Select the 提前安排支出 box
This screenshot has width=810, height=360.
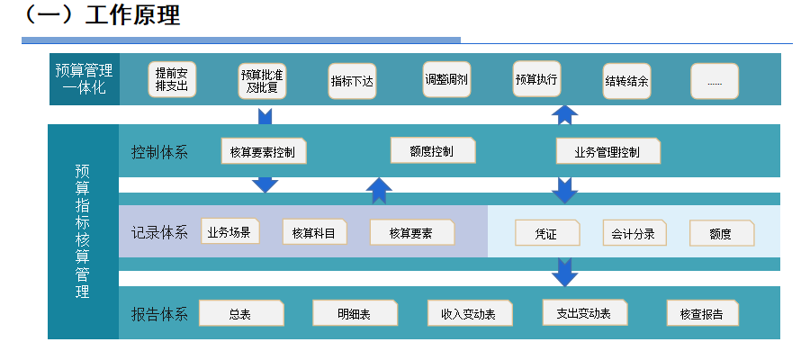click(172, 80)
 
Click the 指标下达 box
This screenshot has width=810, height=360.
click(352, 81)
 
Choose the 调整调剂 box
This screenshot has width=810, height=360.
click(446, 79)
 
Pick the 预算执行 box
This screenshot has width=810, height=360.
click(536, 79)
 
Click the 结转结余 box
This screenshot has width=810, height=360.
click(626, 81)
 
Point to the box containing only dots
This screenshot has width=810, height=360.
click(715, 81)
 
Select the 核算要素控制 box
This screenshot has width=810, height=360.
click(264, 151)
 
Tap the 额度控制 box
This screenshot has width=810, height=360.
click(432, 150)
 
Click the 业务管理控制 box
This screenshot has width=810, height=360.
click(607, 151)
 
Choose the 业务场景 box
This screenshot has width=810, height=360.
click(229, 231)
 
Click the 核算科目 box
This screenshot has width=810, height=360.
click(314, 232)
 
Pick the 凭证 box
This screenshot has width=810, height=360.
click(545, 233)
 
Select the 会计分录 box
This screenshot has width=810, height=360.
click(633, 233)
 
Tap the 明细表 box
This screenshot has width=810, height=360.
click(355, 313)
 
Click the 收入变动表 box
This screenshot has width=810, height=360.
click(469, 313)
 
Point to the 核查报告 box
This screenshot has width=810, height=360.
click(702, 313)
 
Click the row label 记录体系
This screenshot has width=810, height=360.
click(159, 232)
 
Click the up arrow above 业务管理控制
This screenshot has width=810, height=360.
click(564, 114)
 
